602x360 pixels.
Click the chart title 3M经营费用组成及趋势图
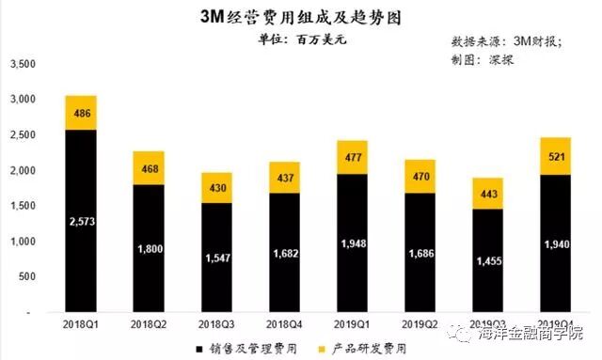point(301,15)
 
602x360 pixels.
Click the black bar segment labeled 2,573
point(81,221)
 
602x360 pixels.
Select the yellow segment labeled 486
point(81,113)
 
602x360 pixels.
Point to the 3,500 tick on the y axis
point(22,64)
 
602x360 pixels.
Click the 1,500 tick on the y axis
point(22,206)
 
